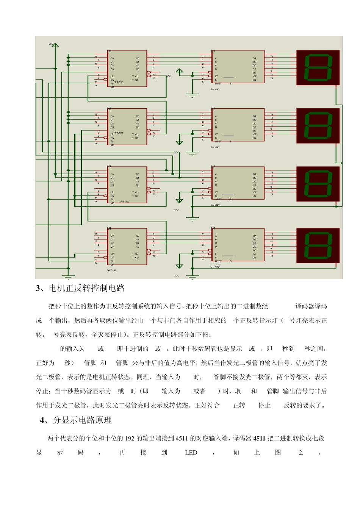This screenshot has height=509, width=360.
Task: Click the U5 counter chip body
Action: pos(127,68)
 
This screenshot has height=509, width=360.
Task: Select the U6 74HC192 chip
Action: pos(127,126)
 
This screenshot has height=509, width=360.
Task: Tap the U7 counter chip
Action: pos(127,184)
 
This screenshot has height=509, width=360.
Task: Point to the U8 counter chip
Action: pos(127,246)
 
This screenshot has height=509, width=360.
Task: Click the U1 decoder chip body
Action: pos(238,67)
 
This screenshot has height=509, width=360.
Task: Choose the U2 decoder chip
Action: pos(238,125)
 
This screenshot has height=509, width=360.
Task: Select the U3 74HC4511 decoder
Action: pos(238,183)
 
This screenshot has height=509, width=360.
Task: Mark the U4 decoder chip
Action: pos(238,245)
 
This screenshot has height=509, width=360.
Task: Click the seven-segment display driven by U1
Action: pos(318,67)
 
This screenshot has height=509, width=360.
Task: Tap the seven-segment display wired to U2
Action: pos(318,125)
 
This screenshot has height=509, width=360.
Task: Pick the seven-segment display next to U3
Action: pos(318,183)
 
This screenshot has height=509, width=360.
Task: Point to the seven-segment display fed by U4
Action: pos(318,245)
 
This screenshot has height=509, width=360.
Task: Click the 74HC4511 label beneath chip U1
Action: pos(216,90)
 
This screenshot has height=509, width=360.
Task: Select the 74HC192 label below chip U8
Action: pos(111,270)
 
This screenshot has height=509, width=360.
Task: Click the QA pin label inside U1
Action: pos(255,58)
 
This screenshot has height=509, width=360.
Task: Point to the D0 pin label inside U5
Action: pos(112,58)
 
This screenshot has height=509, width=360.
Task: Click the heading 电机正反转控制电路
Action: pos(87,288)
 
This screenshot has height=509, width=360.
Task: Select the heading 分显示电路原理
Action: pos(83,420)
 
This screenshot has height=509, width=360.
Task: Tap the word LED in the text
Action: pos(191,453)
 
